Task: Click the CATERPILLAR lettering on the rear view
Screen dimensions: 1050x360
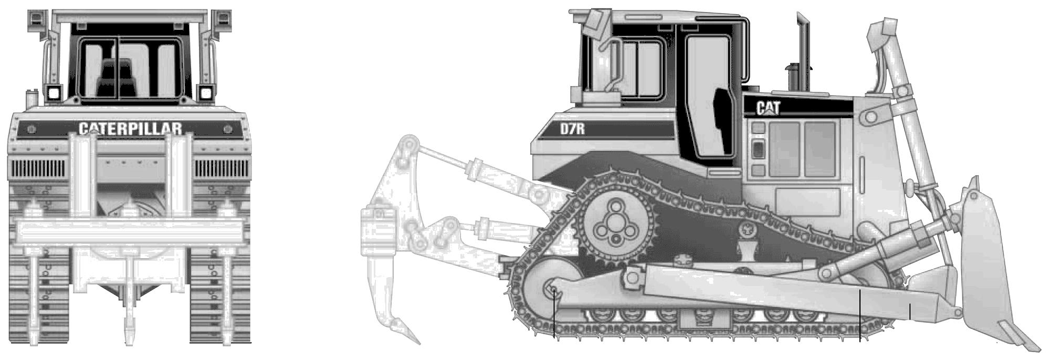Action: pyautogui.click(x=130, y=129)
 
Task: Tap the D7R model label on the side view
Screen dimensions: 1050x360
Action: pyautogui.click(x=572, y=129)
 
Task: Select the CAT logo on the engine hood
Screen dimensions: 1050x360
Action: pyautogui.click(x=769, y=108)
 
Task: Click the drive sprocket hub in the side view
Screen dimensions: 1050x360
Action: pyautogui.click(x=614, y=226)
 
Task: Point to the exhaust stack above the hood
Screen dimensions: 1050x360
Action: pyautogui.click(x=802, y=50)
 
